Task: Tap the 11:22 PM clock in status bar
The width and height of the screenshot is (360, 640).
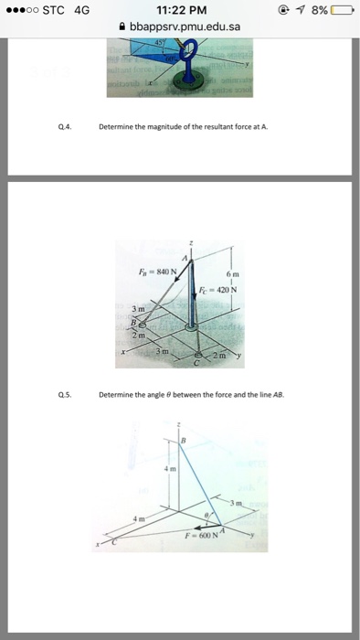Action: tap(179, 10)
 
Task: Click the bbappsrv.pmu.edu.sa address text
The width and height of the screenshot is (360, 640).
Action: tap(185, 27)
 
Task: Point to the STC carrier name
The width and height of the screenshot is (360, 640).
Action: tap(53, 10)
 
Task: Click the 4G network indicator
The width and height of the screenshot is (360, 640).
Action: tap(82, 10)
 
